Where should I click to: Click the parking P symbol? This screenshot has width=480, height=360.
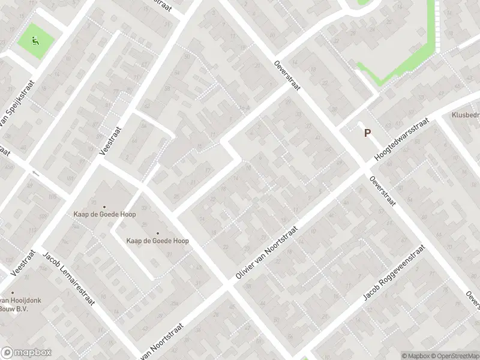tap(367, 133)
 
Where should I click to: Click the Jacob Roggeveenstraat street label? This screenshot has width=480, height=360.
tap(394, 273)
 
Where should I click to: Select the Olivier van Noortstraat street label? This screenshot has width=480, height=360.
tap(268, 253)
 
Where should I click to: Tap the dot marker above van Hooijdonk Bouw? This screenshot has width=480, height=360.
tap(11, 293)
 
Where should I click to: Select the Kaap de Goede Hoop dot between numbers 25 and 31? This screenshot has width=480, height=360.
tap(158, 233)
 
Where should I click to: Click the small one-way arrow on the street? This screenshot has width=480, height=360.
tap(34, 173)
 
